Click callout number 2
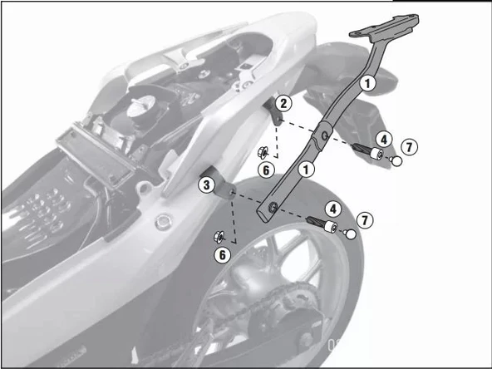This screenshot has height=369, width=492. (283, 103)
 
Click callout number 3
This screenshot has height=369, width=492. (205, 184)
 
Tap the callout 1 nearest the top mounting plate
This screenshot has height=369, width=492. (367, 82)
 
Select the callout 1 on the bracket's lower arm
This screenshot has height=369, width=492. (308, 169)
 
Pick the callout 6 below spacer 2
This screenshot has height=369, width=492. (265, 170)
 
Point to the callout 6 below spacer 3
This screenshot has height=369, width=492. (222, 254)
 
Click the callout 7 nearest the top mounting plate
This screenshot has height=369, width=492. (409, 147)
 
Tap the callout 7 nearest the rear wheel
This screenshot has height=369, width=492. (363, 219)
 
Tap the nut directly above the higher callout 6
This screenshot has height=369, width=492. (260, 152)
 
